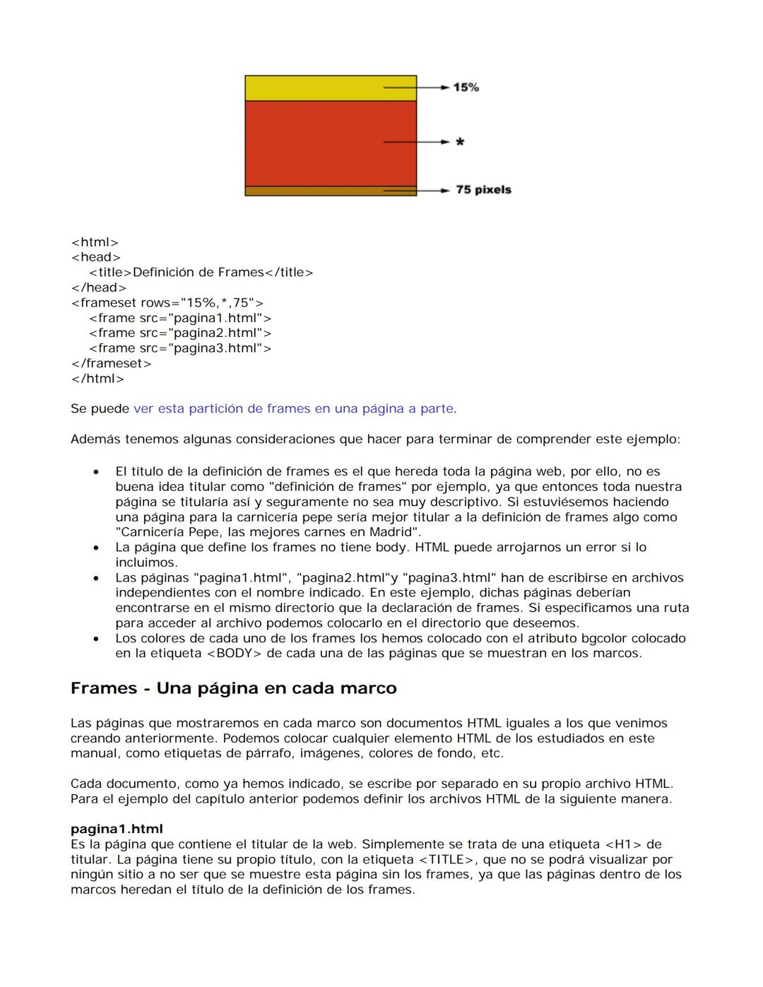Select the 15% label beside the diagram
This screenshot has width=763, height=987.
tap(466, 87)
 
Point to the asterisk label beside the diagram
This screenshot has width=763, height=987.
tap(460, 143)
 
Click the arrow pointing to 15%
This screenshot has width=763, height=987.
tap(416, 87)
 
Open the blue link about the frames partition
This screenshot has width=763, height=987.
tap(293, 408)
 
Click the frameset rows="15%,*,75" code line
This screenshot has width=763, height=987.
tap(167, 302)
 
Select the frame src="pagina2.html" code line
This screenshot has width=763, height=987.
tap(179, 333)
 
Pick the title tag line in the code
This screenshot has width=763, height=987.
tap(201, 272)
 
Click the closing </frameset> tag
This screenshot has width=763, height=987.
tap(111, 363)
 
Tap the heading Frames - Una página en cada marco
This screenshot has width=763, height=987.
tap(233, 688)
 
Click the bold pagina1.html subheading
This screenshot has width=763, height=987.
tap(117, 829)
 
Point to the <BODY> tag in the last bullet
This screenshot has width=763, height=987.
tap(233, 654)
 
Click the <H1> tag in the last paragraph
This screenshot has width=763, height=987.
tap(623, 844)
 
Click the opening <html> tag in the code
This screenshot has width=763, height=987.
tap(95, 242)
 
